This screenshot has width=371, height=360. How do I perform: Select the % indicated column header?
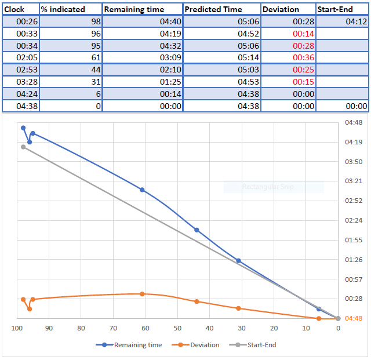[63, 9]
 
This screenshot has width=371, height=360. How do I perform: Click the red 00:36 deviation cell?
[303, 57]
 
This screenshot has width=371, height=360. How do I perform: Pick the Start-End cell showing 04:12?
[357, 21]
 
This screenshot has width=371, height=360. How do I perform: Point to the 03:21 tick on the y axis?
[354, 181]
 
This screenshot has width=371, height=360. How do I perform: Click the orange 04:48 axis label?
[354, 318]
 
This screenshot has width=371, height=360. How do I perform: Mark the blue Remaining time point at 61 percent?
[142, 190]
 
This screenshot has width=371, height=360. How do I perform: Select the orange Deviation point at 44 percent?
[197, 301]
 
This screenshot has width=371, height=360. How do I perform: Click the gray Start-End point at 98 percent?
[23, 147]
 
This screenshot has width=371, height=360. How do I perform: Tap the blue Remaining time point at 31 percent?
[238, 261]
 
